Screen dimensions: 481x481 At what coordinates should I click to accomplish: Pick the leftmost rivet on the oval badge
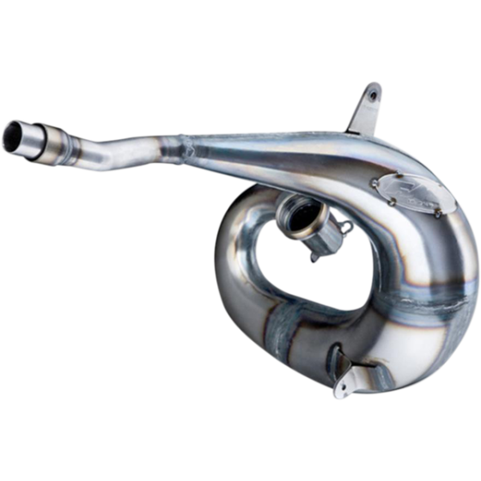377,183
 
